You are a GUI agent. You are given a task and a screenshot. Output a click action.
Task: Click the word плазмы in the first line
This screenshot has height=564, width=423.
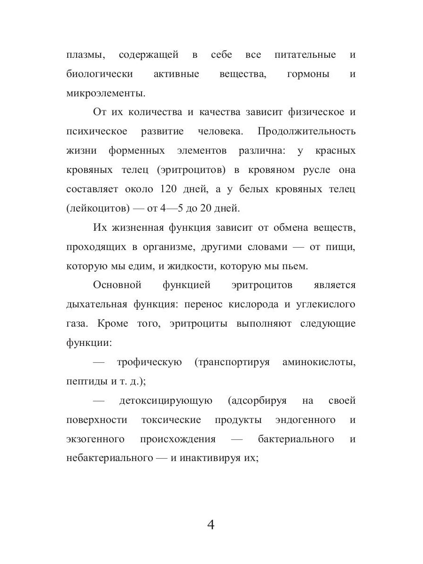[x=86, y=55]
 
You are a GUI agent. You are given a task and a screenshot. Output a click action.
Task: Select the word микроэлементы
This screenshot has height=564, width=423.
[x=106, y=93]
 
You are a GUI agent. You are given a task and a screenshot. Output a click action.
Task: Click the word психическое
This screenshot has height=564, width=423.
[x=97, y=131]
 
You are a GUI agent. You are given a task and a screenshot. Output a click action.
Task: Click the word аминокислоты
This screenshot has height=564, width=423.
[x=319, y=362]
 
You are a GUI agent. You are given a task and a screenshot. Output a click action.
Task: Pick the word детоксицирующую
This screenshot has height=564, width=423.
[x=166, y=401]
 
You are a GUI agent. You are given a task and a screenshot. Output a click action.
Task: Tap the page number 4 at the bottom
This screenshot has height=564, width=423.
[x=211, y=525]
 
